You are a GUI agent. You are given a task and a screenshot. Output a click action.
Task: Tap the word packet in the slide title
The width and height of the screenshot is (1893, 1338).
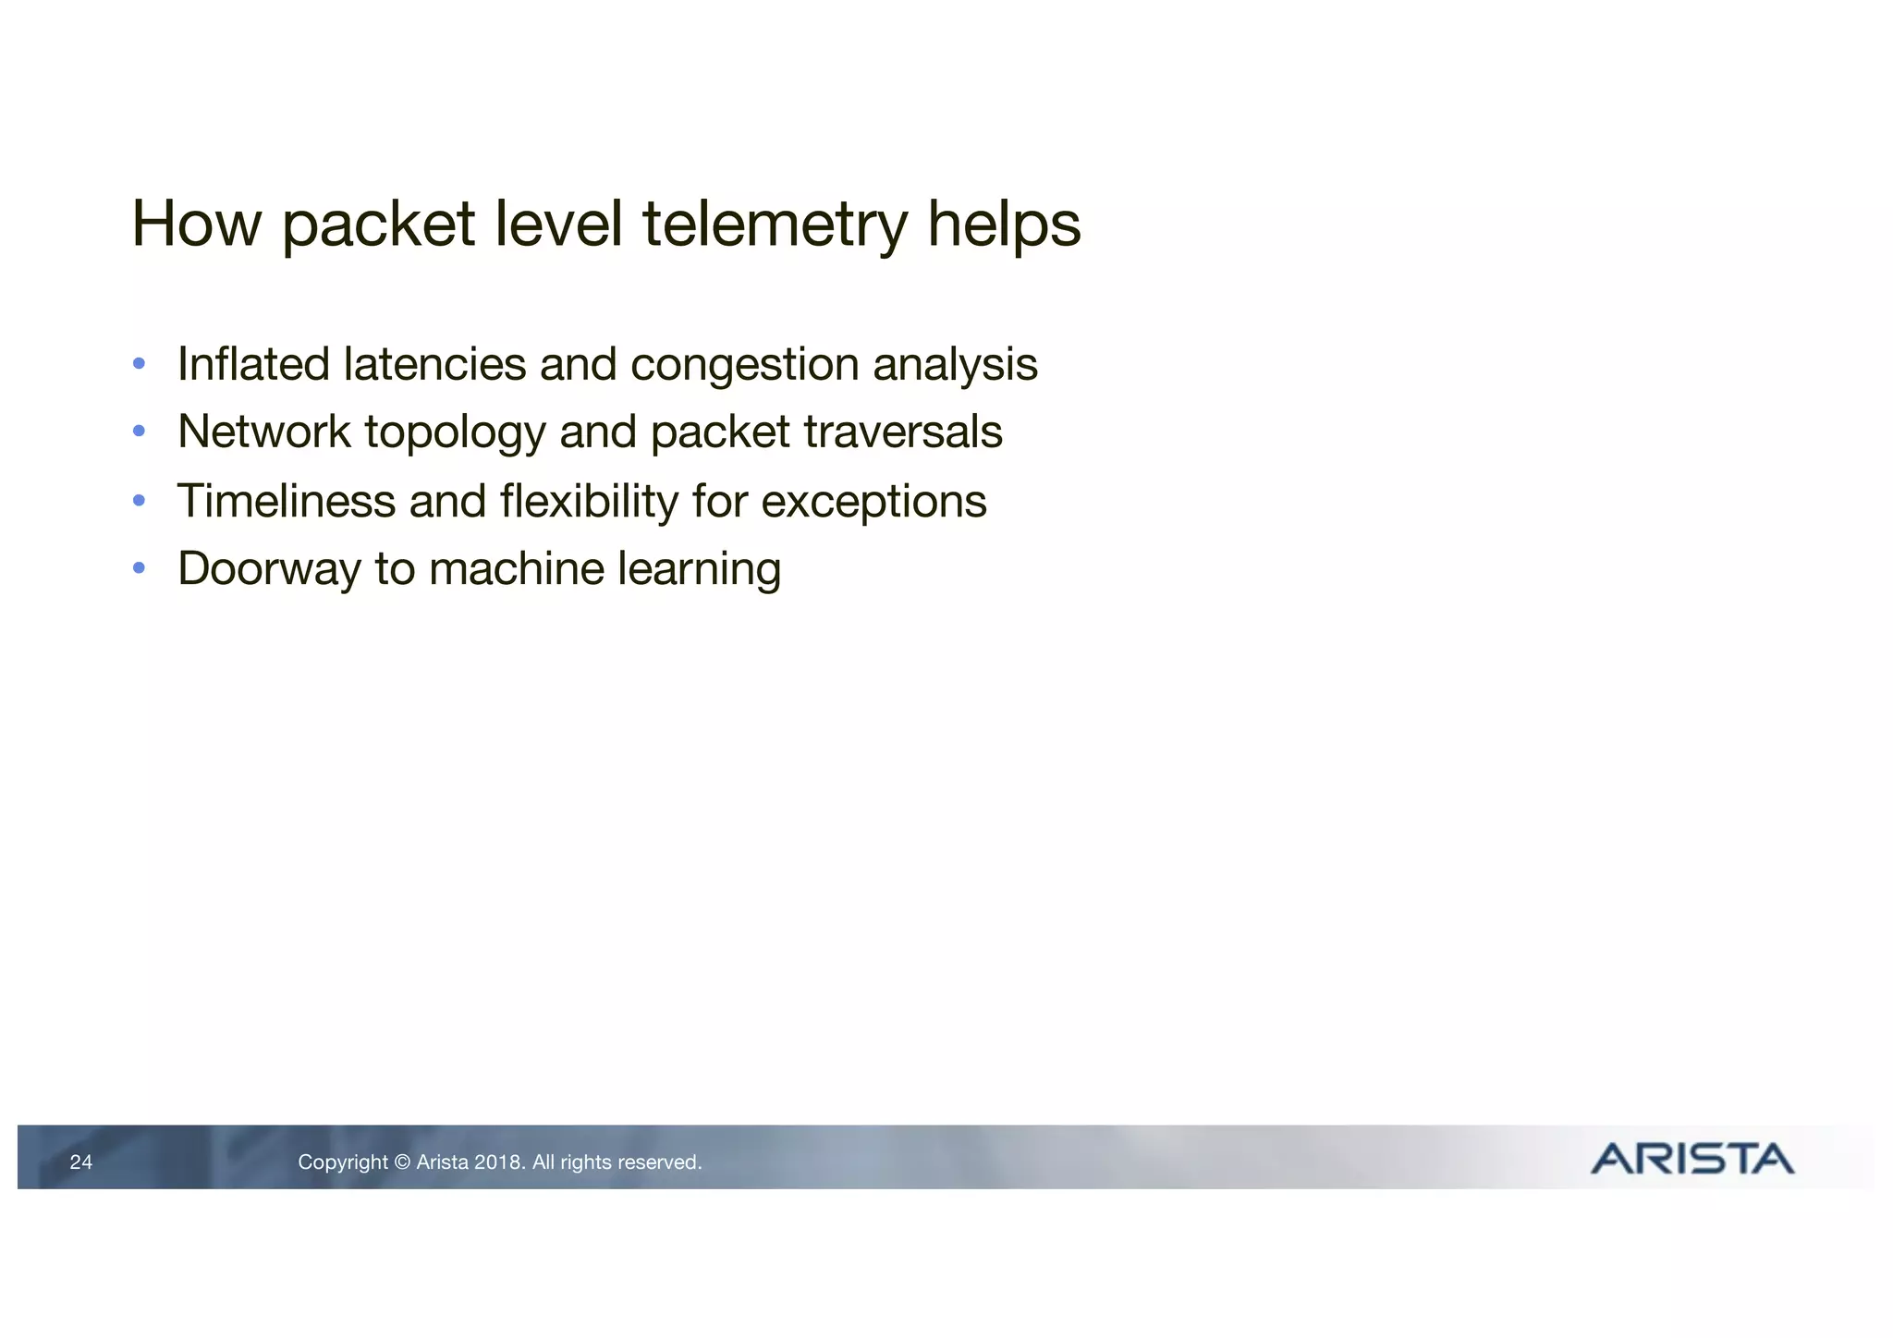377,225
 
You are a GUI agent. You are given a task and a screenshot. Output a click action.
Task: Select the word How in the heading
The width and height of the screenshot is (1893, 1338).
196,225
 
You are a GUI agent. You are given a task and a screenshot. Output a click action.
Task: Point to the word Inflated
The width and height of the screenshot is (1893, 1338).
253,364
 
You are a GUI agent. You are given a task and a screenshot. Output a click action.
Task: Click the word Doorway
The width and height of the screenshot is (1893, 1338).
269,569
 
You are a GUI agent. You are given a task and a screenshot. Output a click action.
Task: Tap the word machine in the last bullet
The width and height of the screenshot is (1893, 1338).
518,568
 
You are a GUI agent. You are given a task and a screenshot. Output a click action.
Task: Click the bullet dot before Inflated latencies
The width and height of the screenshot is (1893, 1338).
139,363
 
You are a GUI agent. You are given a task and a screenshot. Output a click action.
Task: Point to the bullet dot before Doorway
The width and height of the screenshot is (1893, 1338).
139,567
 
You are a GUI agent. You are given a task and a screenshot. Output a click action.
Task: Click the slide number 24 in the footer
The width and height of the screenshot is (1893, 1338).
81,1162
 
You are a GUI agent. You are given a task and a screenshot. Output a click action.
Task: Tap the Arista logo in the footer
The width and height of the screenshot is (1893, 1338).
1691,1159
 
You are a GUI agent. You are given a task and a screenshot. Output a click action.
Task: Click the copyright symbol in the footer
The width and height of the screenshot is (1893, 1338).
401,1162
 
